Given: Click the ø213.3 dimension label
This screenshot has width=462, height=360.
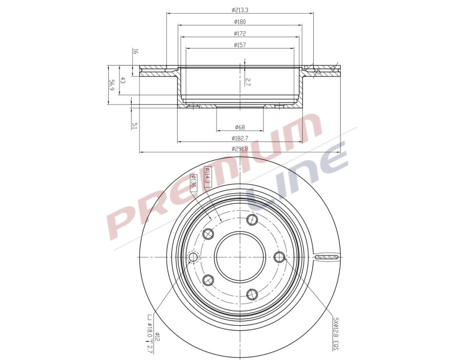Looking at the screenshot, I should (x=240, y=10).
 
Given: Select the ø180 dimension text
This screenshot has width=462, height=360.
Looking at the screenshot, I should (x=240, y=22).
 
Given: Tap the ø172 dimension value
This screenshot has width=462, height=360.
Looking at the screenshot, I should (x=240, y=33).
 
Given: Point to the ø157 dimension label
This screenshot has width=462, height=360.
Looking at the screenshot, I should (x=240, y=45).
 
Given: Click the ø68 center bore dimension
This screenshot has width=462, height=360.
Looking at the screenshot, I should (x=240, y=127).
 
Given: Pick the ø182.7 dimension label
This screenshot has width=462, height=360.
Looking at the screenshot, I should (x=240, y=138).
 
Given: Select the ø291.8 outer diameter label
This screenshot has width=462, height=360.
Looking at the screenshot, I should (x=240, y=149).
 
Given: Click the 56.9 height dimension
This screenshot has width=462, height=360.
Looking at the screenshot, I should (x=111, y=85).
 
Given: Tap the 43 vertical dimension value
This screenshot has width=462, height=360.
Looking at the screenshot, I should (x=123, y=81).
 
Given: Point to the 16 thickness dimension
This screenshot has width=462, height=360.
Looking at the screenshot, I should (x=135, y=51).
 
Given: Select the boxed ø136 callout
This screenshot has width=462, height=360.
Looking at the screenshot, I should (x=194, y=182).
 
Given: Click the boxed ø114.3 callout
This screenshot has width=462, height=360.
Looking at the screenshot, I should (x=207, y=176).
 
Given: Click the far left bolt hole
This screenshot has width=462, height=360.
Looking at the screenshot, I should (x=194, y=257).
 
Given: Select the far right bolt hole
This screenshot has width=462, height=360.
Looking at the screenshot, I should (x=279, y=257).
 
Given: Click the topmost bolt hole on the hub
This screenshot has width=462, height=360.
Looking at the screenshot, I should (x=252, y=220).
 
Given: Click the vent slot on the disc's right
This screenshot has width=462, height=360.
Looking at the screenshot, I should (x=326, y=257).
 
